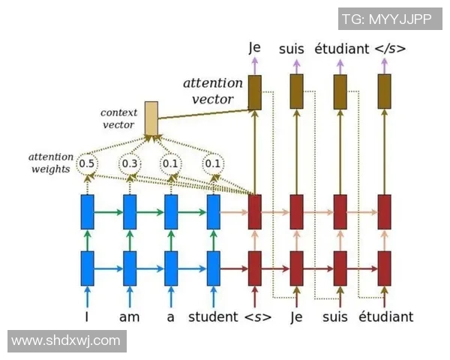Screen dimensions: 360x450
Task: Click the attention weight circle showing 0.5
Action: [x=86, y=163]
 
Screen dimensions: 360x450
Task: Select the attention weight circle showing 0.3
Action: [x=130, y=163]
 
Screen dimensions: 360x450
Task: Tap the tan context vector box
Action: [x=151, y=118]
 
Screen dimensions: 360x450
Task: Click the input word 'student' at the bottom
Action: [x=212, y=316]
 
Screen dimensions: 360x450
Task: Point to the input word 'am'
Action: [x=129, y=316]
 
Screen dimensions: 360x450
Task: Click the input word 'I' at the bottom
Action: [x=87, y=316]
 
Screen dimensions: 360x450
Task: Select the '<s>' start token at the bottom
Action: [x=257, y=316]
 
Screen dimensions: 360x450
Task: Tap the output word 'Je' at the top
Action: [x=254, y=48]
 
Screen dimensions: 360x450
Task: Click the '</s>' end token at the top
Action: [x=390, y=49]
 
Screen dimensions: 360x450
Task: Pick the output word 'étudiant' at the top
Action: [x=341, y=49]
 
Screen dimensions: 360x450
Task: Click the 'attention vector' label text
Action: [x=213, y=91]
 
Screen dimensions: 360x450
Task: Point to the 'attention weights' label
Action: [x=51, y=163]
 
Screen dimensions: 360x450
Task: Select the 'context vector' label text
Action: [x=118, y=118]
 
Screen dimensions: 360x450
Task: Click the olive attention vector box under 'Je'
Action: [x=254, y=92]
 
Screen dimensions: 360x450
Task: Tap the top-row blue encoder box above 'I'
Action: [x=87, y=211]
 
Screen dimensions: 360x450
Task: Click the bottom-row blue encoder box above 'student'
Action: [x=214, y=268]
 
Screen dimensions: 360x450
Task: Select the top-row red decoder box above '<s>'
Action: [x=255, y=211]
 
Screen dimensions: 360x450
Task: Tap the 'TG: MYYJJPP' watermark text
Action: [x=386, y=19]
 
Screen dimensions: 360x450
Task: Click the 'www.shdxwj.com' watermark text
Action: [x=66, y=340]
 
